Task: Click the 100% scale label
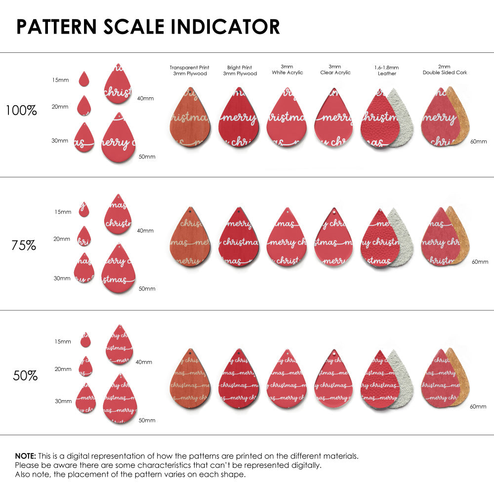coord(21,110)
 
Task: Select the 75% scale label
coord(24,245)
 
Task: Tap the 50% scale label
coord(25,376)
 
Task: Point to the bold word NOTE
coord(25,456)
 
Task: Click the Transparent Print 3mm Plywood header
coord(189,71)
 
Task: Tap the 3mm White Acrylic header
coord(288,70)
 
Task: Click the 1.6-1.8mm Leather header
coord(387,70)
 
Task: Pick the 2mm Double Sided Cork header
coord(445,70)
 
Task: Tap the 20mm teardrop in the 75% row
coord(84,237)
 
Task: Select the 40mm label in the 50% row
coord(144,362)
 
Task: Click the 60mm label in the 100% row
coord(478,142)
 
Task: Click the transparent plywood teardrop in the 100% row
coord(190,119)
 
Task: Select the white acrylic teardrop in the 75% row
coord(287,238)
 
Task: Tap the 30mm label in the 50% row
coord(63,402)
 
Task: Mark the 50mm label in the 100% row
coord(147,157)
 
